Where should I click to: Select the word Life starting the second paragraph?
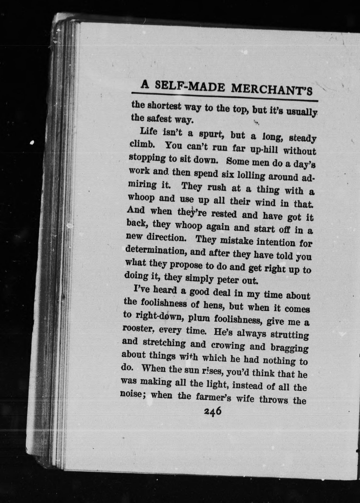[148, 131]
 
